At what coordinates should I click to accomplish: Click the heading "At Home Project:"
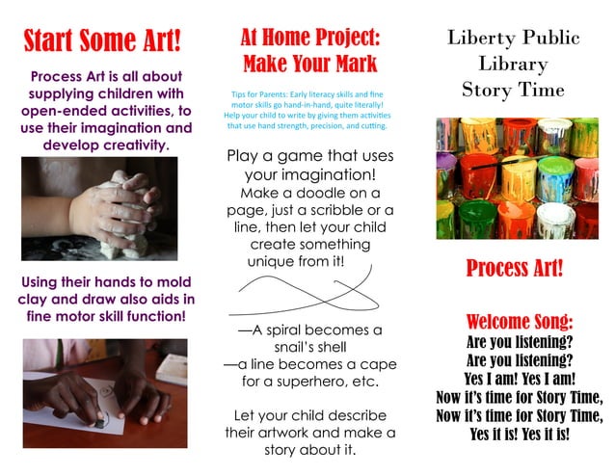pos(309,39)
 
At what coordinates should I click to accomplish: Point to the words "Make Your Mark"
pos(309,65)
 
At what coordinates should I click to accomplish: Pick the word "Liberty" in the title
pos(479,39)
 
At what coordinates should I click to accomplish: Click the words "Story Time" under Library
pos(513,90)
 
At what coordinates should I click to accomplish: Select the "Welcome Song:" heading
pos(519,321)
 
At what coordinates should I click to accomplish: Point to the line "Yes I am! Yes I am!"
pos(519,378)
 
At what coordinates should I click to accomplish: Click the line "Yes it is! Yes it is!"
pos(519,434)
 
